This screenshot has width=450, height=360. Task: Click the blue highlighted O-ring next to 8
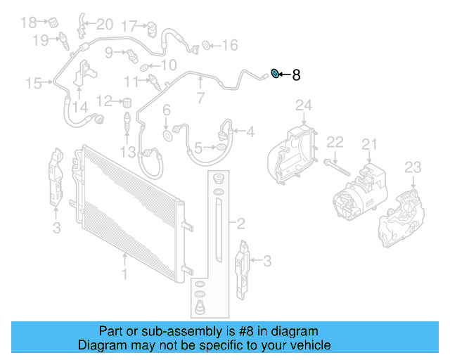[276, 73]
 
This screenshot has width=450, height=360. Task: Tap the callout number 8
[296, 75]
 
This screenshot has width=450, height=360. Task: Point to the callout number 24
[302, 106]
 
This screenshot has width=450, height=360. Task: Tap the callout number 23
[412, 167]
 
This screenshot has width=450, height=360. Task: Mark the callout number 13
[127, 153]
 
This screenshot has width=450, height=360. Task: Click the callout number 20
[103, 25]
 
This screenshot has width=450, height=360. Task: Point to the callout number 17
[129, 27]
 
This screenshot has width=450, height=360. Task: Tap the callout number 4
[250, 131]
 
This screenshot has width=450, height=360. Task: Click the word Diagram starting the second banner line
[99, 346]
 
